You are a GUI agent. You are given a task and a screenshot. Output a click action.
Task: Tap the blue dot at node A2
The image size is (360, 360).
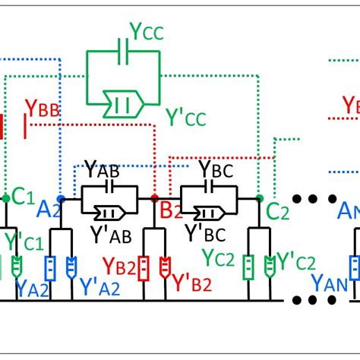61,198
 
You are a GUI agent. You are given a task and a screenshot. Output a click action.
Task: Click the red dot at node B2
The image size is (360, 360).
155,198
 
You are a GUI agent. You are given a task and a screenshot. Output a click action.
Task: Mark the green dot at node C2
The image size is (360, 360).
259,198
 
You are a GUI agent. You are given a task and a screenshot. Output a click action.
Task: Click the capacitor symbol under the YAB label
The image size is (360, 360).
110,186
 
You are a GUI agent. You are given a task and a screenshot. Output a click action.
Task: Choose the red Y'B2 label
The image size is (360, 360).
191,283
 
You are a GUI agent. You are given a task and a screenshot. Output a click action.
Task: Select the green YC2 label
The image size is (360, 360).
221,258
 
